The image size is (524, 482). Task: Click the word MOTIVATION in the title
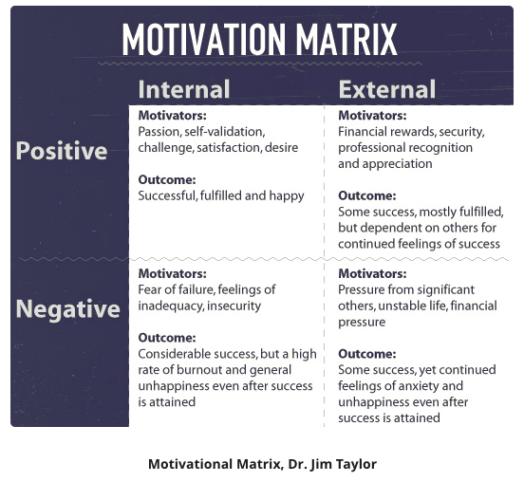tap(203, 40)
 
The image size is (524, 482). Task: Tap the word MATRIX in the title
tap(346, 40)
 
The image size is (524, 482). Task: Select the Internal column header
tap(184, 89)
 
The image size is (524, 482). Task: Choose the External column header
tap(387, 89)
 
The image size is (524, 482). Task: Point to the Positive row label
tap(62, 151)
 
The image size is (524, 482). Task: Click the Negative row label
tap(67, 309)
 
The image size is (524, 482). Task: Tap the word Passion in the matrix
tap(159, 132)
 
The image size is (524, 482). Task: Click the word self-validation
tap(225, 132)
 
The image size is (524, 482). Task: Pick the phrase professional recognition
tap(405, 148)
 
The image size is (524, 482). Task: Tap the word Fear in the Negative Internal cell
tap(149, 289)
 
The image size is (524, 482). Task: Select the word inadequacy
tap(171, 306)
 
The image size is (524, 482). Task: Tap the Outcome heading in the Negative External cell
tap(367, 354)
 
